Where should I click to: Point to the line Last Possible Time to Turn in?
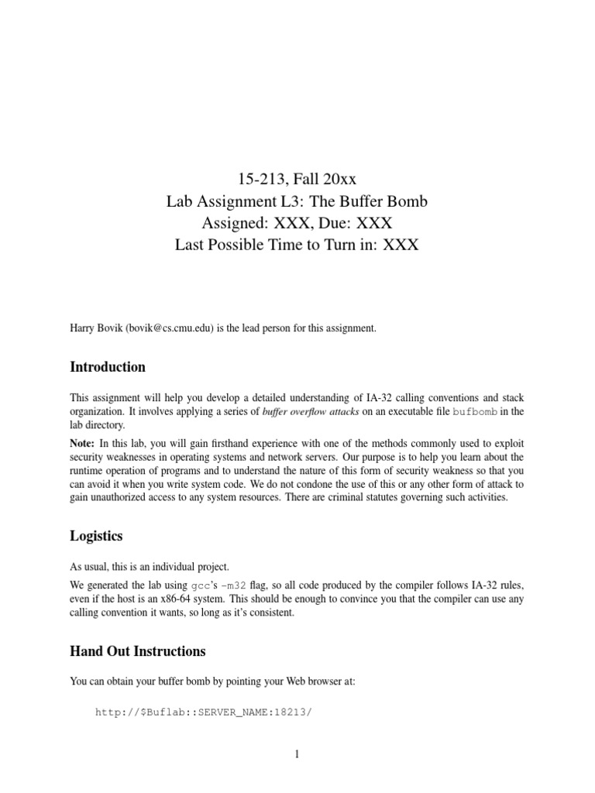click(x=297, y=245)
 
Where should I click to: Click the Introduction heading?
click(x=108, y=366)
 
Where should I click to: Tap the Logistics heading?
click(x=96, y=536)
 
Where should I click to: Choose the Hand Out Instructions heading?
click(x=138, y=651)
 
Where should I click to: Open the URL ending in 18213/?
click(x=202, y=712)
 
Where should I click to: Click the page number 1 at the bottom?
click(x=297, y=757)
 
